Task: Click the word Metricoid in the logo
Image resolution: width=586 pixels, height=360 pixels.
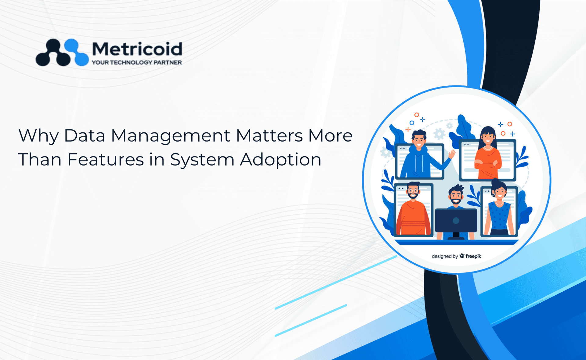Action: point(137,49)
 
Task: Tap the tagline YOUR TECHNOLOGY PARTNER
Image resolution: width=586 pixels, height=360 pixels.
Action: point(137,63)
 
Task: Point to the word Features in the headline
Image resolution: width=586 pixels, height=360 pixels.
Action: point(106,160)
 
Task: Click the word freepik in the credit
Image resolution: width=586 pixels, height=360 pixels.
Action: point(473,256)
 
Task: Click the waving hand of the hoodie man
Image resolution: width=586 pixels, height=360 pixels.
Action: point(452,154)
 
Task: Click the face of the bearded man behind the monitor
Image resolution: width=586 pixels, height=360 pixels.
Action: point(456,196)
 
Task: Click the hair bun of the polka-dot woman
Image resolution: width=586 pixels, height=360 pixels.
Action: point(495,182)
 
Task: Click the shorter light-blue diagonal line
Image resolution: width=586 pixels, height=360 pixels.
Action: point(311,320)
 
